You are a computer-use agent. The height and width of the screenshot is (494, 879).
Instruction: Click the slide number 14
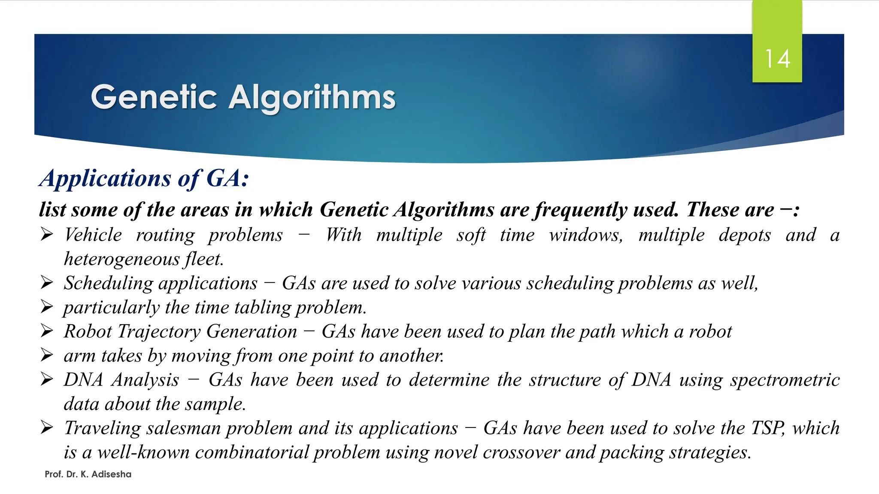tap(777, 59)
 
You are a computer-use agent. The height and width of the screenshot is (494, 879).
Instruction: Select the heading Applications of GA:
tap(144, 178)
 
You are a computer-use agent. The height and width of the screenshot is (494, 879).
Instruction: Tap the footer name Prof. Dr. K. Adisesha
tap(88, 474)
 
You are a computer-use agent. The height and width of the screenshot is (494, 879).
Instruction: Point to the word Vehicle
tap(93, 235)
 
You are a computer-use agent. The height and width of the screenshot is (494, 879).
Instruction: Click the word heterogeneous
tap(122, 259)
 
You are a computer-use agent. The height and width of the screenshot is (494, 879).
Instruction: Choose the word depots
tap(745, 235)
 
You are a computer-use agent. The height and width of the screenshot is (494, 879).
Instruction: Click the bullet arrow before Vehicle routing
tap(47, 234)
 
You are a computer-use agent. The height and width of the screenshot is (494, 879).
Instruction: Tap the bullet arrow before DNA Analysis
tap(47, 379)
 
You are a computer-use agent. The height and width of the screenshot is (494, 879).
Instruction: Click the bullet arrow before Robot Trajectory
tap(47, 331)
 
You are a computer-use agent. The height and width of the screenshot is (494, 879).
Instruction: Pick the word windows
tap(586, 235)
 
